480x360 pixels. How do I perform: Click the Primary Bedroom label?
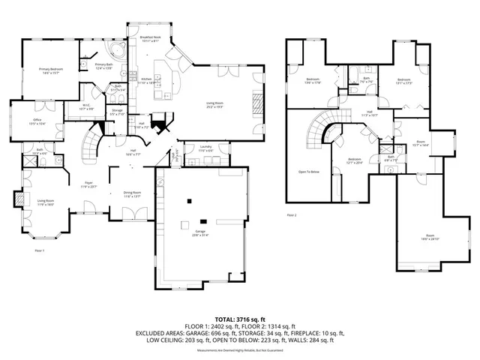[x=49, y=72]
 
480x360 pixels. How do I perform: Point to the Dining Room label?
[x=134, y=195]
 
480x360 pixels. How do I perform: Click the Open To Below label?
[x=309, y=172]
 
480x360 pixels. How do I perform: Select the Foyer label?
[x=88, y=184]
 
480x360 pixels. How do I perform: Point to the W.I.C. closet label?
[x=86, y=107]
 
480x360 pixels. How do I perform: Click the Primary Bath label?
[x=103, y=67]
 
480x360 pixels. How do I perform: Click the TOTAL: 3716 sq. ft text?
[x=239, y=319]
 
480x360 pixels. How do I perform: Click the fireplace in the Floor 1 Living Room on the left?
[x=19, y=200]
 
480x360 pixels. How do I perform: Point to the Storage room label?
[x=118, y=112]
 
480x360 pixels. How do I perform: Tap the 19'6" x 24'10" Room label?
[x=427, y=238]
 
